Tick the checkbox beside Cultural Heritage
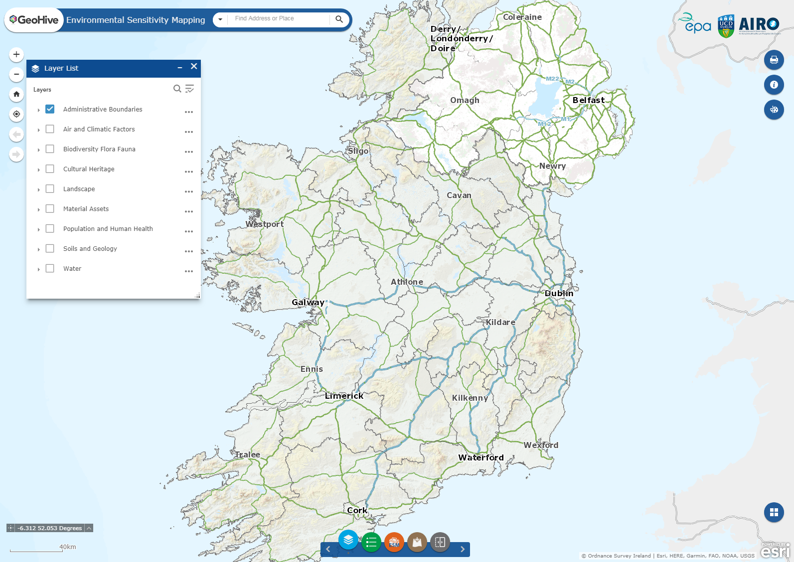click(50, 169)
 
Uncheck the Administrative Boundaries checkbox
click(50, 109)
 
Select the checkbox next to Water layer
click(50, 268)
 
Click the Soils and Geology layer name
click(90, 248)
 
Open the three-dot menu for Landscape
click(188, 192)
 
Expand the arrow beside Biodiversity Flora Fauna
click(38, 150)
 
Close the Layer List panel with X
click(194, 66)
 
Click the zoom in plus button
click(16, 54)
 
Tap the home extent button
click(16, 94)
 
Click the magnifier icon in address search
click(339, 19)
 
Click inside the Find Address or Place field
click(279, 19)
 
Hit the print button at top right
click(774, 60)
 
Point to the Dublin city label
click(559, 293)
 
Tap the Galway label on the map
click(308, 302)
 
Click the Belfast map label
click(589, 100)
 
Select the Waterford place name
click(481, 457)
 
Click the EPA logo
click(695, 23)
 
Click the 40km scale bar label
click(68, 547)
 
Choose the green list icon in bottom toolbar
click(371, 542)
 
